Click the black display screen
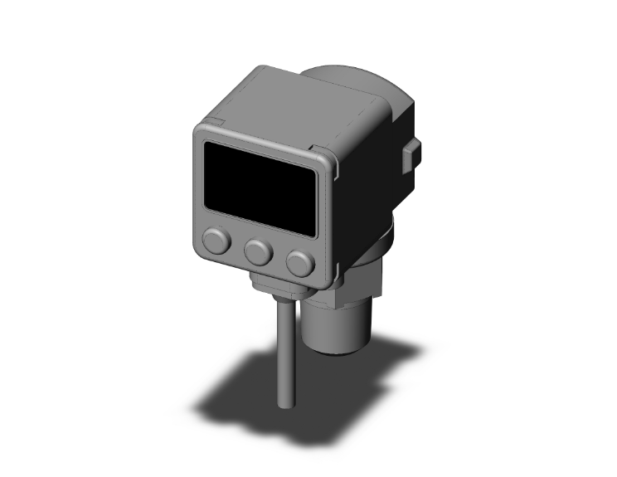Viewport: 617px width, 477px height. coord(260,186)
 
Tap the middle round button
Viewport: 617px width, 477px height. coord(259,251)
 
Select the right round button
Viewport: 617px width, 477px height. coord(300,263)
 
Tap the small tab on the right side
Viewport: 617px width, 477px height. coord(411,155)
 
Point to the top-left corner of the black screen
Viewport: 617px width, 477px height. coord(208,144)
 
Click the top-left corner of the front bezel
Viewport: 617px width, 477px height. coord(199,129)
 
